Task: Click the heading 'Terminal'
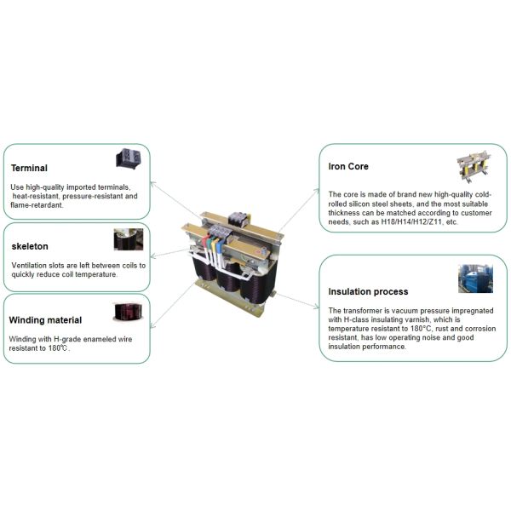pos(29,168)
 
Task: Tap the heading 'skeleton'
pos(30,246)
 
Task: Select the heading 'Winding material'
pos(45,320)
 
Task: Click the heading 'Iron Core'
pos(348,167)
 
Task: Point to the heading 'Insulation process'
pos(368,291)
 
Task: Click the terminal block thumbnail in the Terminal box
pos(129,158)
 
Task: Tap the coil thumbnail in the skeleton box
pos(129,239)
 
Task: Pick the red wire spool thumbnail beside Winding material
pos(128,312)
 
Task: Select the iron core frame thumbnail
pos(474,167)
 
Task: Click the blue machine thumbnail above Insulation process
pos(475,278)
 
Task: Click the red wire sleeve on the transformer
pos(205,241)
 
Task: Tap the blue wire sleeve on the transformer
pos(219,246)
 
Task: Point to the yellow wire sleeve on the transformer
pos(214,244)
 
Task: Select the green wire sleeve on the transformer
pos(210,243)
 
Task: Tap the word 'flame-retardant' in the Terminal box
pos(36,205)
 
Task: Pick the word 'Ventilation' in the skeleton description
pos(29,266)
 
